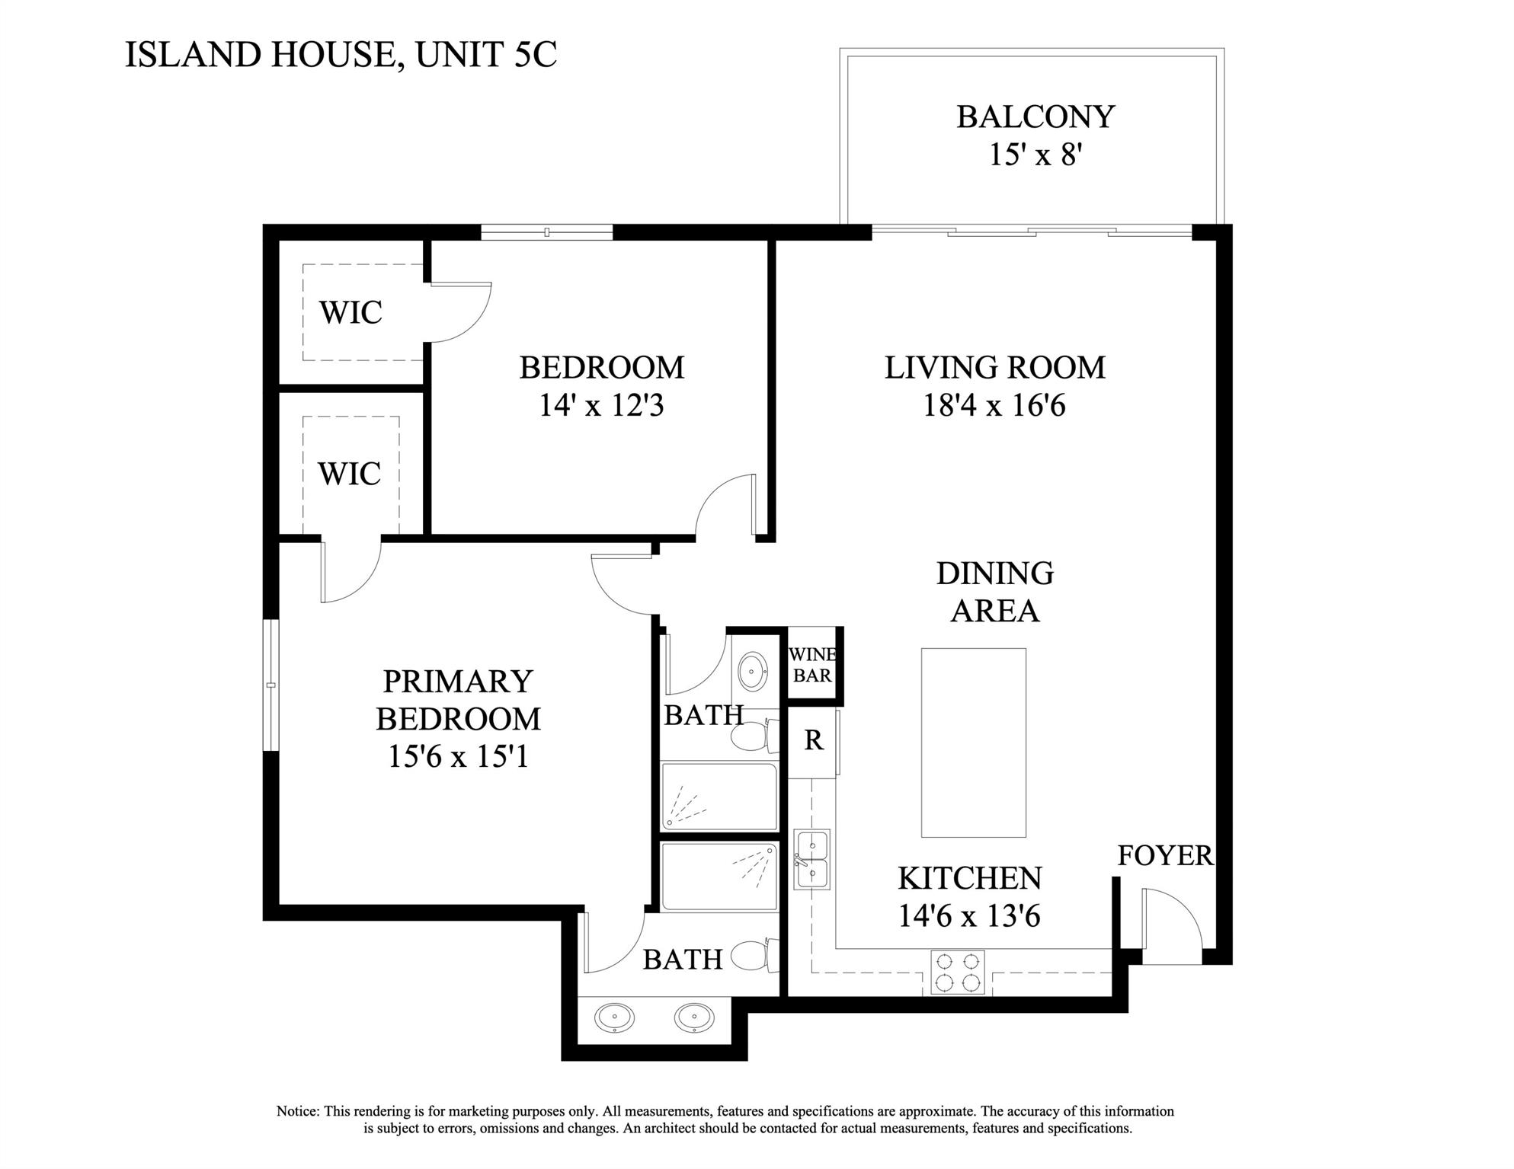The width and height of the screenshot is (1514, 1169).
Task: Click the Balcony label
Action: click(x=1035, y=117)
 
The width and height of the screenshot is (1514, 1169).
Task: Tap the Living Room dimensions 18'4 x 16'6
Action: click(x=994, y=406)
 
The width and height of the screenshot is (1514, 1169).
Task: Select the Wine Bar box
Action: click(x=812, y=665)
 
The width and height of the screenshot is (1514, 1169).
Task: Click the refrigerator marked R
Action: click(x=813, y=740)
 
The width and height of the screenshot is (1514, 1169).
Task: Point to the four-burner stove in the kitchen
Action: click(x=957, y=973)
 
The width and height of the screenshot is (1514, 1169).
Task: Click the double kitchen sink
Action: click(x=811, y=860)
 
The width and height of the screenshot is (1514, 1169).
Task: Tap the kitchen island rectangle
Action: click(x=973, y=743)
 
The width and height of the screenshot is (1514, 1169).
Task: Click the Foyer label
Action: click(x=1164, y=856)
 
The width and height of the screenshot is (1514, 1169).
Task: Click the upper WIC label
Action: click(x=350, y=312)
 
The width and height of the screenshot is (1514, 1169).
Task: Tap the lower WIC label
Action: click(x=350, y=474)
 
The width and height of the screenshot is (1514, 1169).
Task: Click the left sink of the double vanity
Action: click(x=614, y=1017)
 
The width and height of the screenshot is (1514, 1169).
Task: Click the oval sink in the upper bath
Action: click(x=754, y=671)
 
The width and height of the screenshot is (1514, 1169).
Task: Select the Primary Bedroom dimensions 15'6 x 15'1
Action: click(x=458, y=757)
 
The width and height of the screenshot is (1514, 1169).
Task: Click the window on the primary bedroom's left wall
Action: click(x=270, y=685)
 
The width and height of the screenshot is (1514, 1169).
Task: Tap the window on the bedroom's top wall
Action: click(x=547, y=232)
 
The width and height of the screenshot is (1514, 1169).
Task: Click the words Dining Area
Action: click(x=994, y=592)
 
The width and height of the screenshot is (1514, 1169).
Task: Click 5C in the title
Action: click(x=535, y=55)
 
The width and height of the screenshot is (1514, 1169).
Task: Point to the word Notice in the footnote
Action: click(x=298, y=1111)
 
